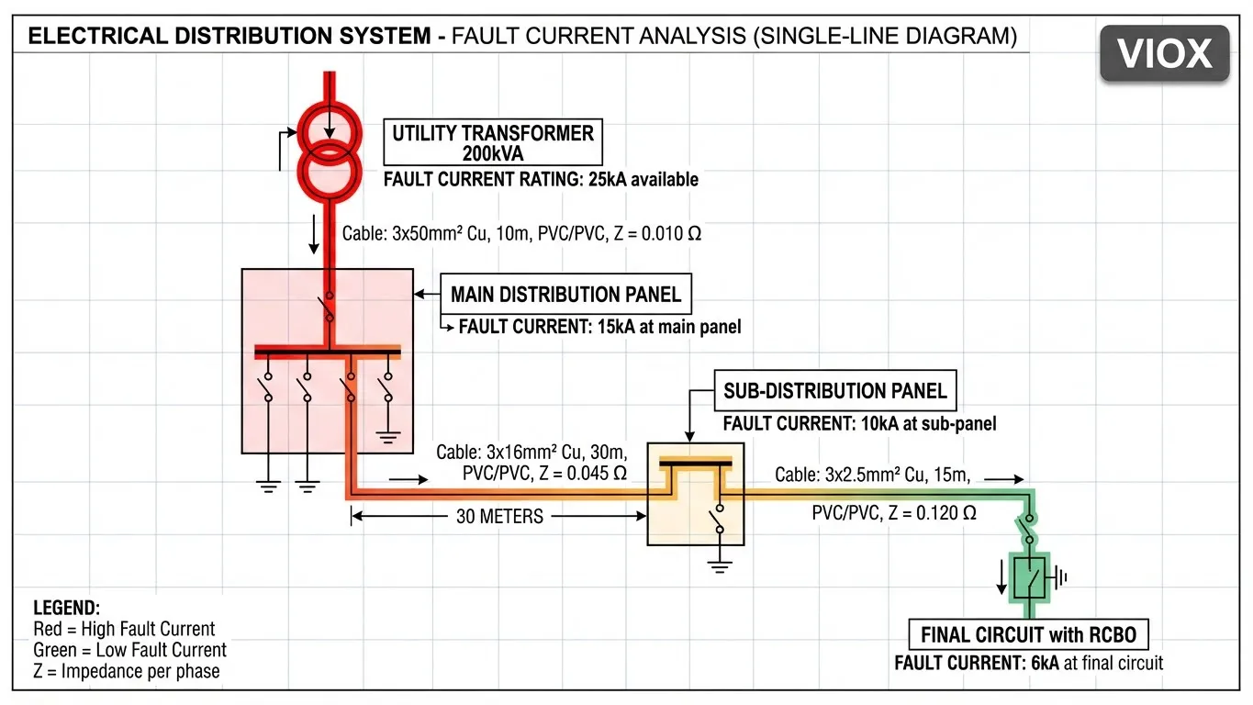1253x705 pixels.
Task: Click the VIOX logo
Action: point(1164,54)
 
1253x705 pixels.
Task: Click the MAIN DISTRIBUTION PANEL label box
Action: point(565,295)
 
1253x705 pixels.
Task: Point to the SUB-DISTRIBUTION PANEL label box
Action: point(834,391)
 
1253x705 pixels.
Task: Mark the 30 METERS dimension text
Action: point(499,517)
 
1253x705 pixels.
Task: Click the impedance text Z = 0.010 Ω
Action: point(655,233)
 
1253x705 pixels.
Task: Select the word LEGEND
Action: point(67,608)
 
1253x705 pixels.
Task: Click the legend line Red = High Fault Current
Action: point(124,629)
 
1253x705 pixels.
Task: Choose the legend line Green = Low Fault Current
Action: point(129,650)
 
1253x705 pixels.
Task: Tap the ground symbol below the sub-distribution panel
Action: point(719,565)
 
